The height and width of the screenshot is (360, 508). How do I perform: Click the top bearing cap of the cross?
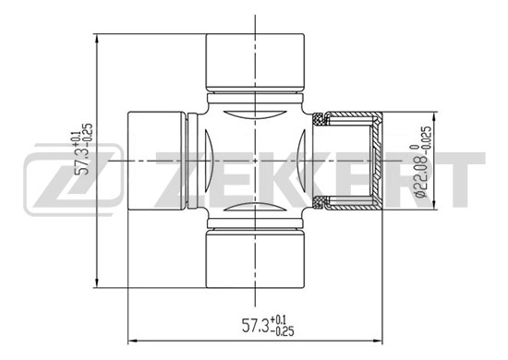click(255, 62)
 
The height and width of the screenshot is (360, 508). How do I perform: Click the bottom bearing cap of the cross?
click(255, 258)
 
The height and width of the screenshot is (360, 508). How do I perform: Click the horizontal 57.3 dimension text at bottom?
click(268, 325)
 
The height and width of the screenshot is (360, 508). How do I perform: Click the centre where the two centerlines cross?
click(255, 161)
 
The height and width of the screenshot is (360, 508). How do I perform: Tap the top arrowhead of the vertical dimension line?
click(97, 38)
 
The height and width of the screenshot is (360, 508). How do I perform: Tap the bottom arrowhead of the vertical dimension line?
click(97, 282)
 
